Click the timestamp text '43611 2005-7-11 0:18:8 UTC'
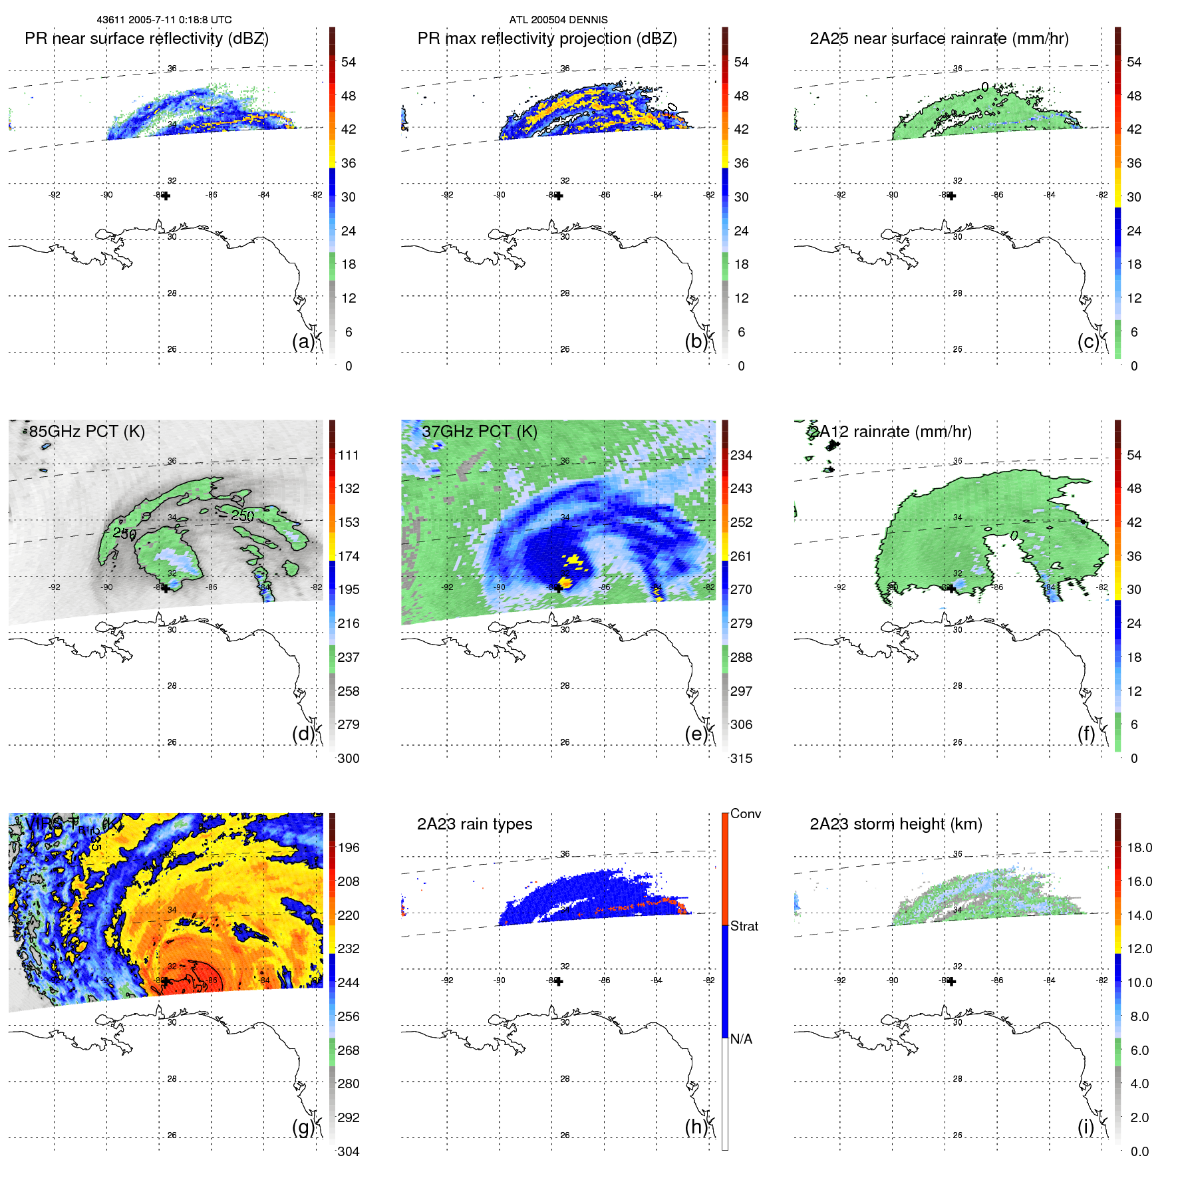164,20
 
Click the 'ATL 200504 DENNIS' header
558,20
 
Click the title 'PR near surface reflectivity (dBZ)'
146,39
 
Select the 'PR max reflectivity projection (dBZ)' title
547,39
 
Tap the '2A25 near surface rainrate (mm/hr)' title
939,39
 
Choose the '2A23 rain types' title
474,824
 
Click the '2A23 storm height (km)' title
895,824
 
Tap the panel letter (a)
303,341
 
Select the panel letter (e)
696,734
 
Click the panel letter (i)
1086,1127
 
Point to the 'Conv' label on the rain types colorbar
745,813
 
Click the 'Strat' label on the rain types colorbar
744,926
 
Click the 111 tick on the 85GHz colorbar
349,455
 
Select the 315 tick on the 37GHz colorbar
741,758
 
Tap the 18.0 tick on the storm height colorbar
1139,847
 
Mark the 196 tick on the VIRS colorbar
349,847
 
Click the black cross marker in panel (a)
166,196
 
